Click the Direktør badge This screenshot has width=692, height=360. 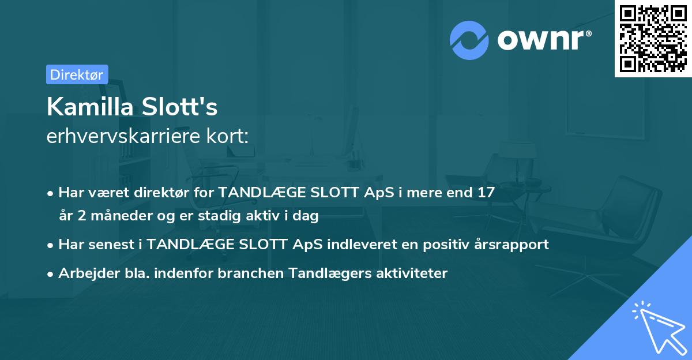77,74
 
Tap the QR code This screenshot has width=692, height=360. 653,38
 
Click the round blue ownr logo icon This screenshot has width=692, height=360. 469,40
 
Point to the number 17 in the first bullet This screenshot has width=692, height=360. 486,193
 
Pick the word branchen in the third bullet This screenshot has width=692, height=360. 245,273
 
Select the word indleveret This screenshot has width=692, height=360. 358,245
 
